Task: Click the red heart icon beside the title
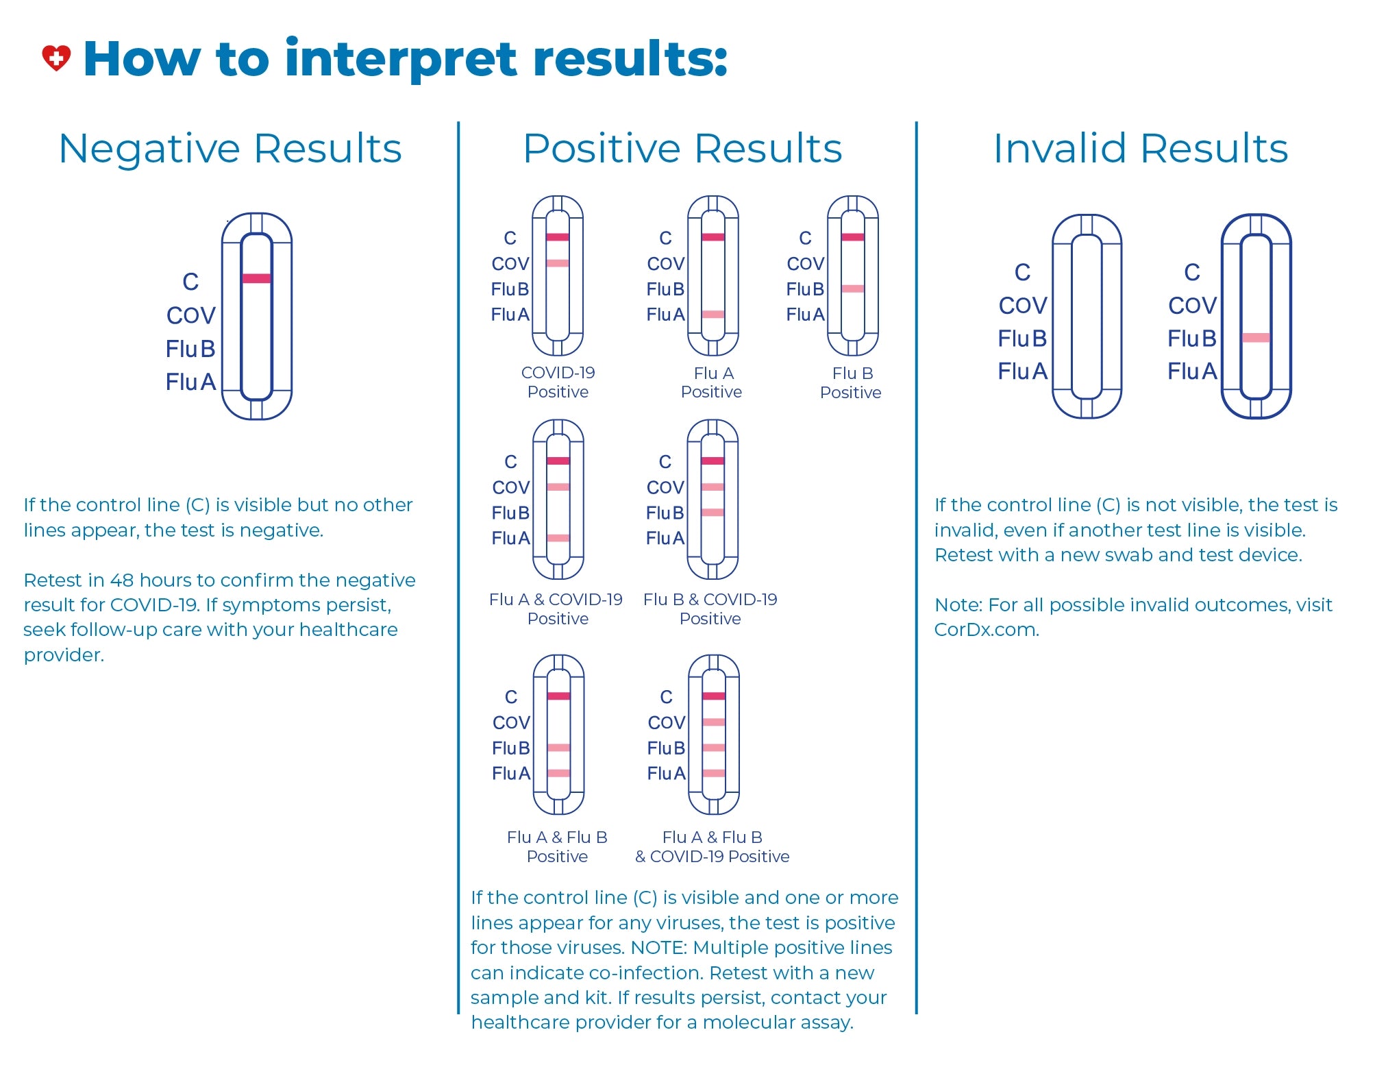56,58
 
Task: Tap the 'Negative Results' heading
230,148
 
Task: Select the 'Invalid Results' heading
1141,148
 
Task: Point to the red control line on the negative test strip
256,278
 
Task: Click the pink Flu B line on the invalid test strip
1256,337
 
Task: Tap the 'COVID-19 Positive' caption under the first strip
558,382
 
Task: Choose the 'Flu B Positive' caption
851,382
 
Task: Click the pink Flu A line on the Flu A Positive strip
713,315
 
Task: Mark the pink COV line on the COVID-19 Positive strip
558,263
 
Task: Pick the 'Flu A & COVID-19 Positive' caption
556,609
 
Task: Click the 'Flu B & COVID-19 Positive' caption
710,609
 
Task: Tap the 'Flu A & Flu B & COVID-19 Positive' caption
713,846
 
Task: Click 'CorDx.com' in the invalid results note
987,630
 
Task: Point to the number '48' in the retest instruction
121,580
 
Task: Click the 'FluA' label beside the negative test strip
190,382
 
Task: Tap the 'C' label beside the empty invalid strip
1022,272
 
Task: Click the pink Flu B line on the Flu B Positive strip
853,289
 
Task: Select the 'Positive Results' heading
682,148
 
